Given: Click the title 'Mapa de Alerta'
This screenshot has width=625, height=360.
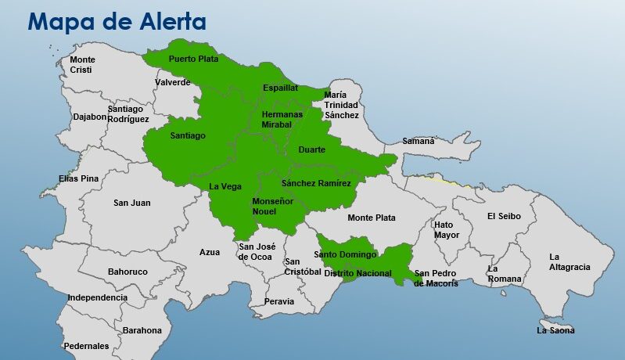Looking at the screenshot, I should [117, 21].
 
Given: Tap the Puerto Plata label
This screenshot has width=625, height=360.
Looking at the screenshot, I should [194, 59].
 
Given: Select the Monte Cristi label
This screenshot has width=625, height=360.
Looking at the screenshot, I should [81, 65].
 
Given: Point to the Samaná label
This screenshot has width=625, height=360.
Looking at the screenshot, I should [418, 142].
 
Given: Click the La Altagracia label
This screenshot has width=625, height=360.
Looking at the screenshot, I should [569, 261].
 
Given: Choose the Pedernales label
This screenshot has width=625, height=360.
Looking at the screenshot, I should [86, 346].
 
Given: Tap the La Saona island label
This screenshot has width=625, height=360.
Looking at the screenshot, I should [555, 330].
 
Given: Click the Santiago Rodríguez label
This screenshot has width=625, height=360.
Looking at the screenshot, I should [128, 113].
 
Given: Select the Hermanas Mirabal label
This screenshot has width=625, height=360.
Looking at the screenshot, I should [282, 119].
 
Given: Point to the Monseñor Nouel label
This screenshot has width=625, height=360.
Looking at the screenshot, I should [273, 207].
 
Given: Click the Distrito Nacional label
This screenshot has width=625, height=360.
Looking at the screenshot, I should [357, 273].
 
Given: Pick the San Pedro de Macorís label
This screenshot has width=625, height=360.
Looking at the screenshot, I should [436, 279].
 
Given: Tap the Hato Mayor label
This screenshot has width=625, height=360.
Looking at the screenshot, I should [447, 229].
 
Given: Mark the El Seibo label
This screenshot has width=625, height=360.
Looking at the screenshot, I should [505, 216].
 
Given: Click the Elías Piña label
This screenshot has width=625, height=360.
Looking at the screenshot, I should [79, 178].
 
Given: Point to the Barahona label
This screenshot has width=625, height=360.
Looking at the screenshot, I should [142, 330].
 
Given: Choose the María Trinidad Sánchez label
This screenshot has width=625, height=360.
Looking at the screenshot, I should [342, 105].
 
